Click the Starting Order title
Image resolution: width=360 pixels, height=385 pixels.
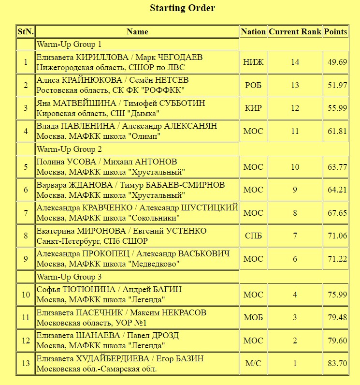pyautogui.click(x=182, y=8)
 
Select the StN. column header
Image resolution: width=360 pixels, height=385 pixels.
pyautogui.click(x=26, y=32)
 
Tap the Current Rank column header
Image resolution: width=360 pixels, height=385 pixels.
pyautogui.click(x=295, y=32)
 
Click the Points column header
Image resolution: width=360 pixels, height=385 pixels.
pyautogui.click(x=336, y=32)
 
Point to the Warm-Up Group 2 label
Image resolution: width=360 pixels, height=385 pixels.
pyautogui.click(x=69, y=149)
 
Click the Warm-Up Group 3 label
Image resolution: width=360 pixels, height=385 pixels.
pyautogui.click(x=69, y=277)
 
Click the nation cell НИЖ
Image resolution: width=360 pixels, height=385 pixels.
pyautogui.click(x=253, y=62)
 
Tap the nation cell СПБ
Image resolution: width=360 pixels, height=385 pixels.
pyautogui.click(x=253, y=236)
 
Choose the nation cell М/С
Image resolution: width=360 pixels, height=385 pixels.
pyautogui.click(x=253, y=364)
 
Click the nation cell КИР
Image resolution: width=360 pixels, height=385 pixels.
pyautogui.click(x=253, y=108)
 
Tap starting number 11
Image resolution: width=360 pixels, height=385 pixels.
pyautogui.click(x=26, y=318)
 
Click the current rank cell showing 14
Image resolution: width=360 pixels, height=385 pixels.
pyautogui.click(x=295, y=62)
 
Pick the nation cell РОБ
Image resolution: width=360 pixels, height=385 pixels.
pyautogui.click(x=253, y=85)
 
